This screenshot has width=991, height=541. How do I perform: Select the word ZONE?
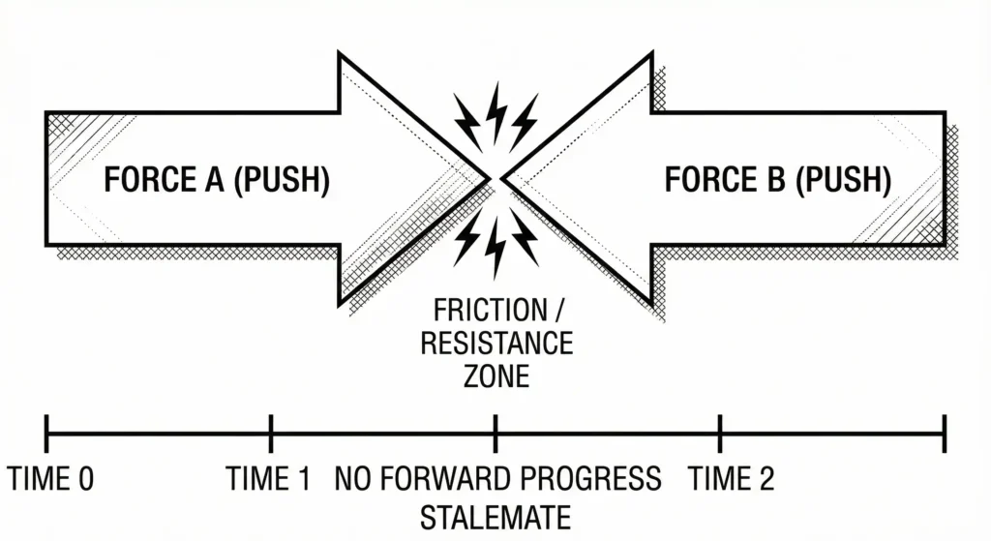point(496,375)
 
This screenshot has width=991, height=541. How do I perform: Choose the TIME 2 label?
point(731,479)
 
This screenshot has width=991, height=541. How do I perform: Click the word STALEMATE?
point(495,517)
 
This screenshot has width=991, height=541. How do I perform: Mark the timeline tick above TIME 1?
point(271,433)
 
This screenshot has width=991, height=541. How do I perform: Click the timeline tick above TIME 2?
point(720,433)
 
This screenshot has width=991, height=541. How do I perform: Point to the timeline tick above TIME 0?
point(46,433)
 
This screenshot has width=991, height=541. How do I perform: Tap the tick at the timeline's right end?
point(944,433)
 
